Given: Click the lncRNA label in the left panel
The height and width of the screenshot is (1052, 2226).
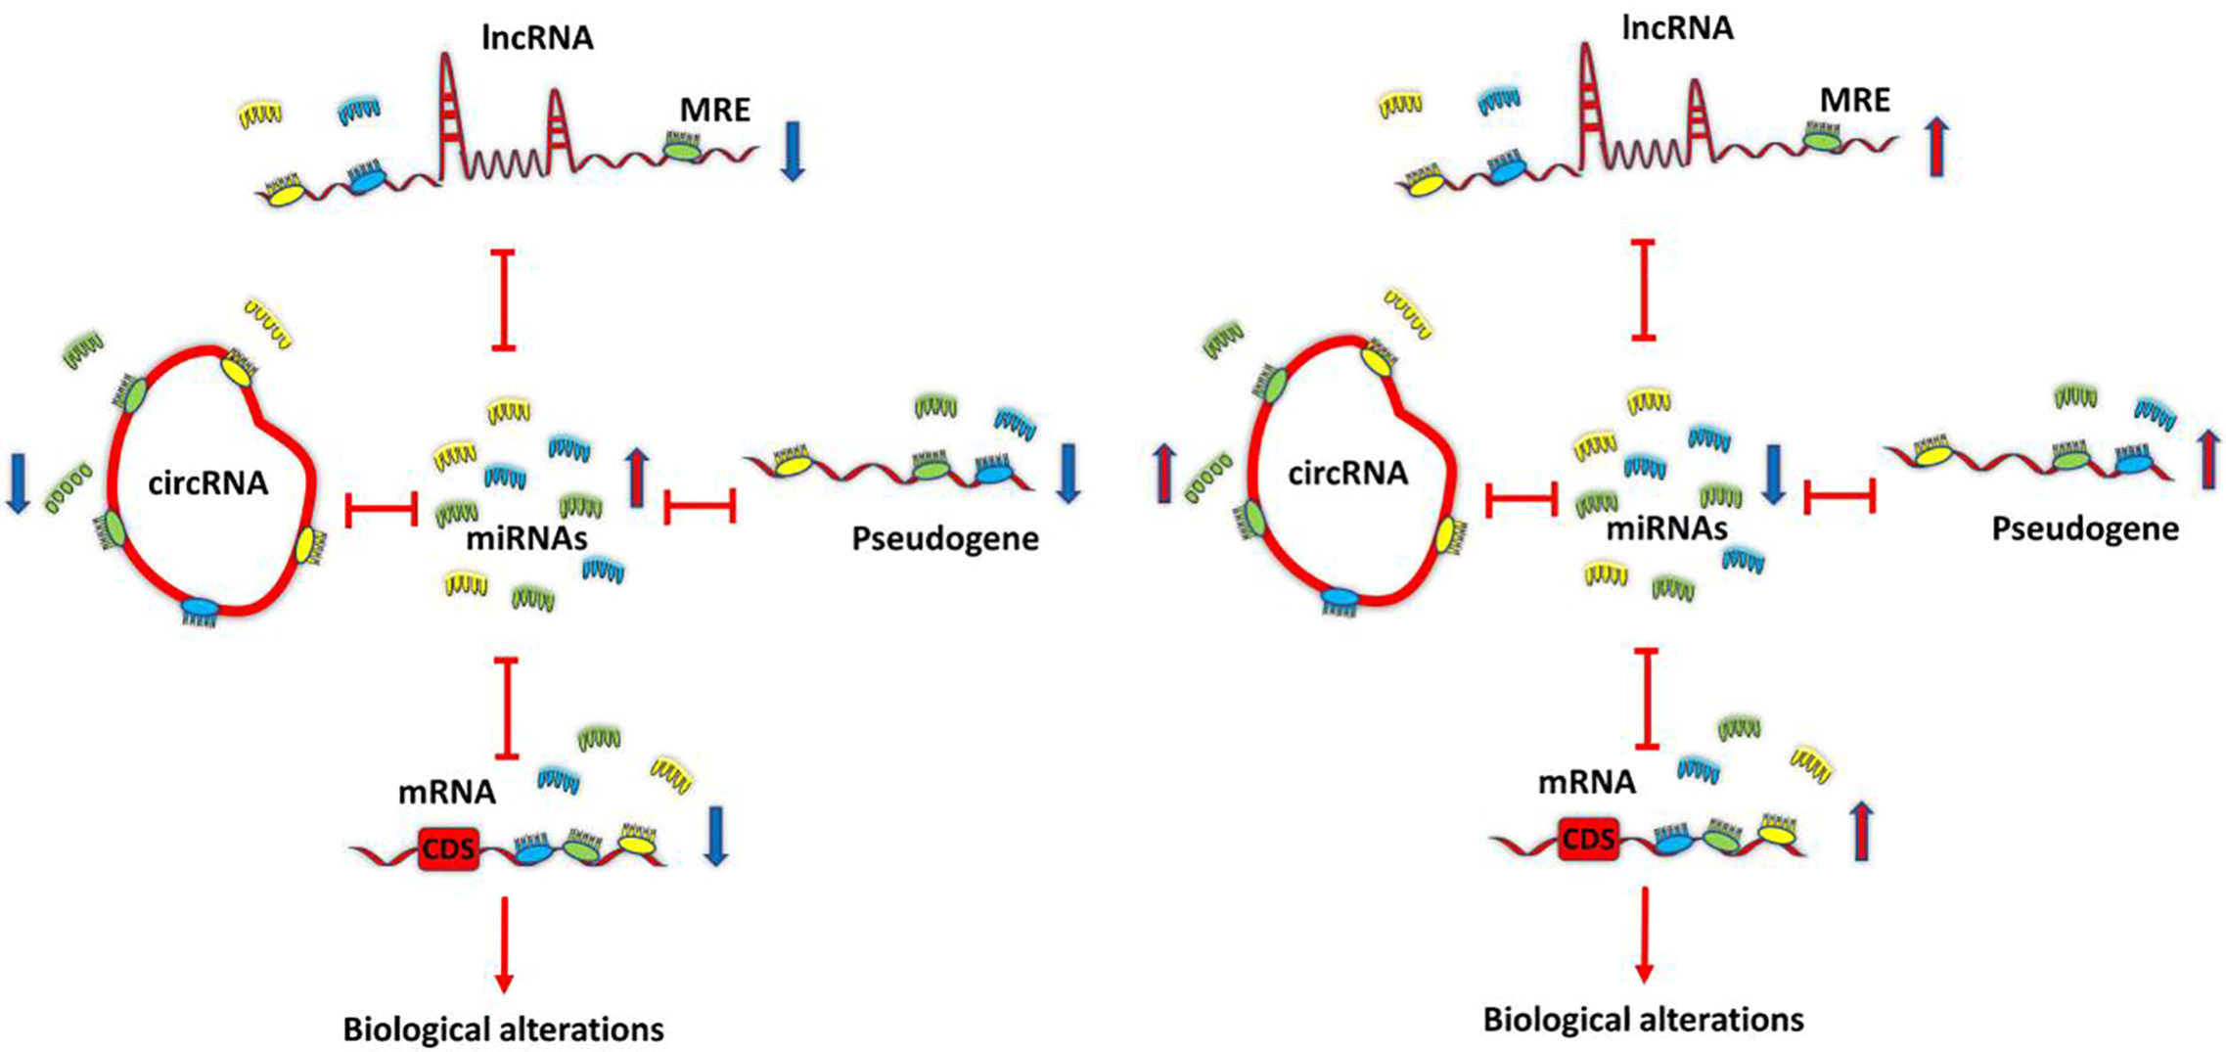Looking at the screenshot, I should tap(537, 38).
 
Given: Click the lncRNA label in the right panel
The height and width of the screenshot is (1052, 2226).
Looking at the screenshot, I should tap(1677, 28).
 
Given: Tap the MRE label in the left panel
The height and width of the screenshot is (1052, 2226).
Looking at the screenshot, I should tap(715, 110).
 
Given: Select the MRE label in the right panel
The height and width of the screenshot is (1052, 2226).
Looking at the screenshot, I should tap(1855, 100).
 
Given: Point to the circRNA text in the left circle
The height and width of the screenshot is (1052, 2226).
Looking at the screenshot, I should tap(208, 482).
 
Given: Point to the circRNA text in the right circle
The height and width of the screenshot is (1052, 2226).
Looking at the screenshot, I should tap(1347, 474).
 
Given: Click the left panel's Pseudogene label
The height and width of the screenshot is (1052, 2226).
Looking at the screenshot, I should tap(945, 538).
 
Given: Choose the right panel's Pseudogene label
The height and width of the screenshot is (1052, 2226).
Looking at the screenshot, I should tap(2085, 529).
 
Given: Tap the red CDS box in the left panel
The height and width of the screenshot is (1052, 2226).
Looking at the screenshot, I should tap(448, 848).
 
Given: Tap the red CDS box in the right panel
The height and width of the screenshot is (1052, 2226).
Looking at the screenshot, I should tap(1588, 839).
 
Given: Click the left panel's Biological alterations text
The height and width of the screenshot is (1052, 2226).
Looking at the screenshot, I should tap(503, 1029).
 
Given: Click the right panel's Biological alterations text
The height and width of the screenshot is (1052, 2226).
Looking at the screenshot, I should tap(1644, 1020).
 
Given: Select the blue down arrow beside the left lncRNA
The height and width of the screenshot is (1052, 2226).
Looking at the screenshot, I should tap(793, 151).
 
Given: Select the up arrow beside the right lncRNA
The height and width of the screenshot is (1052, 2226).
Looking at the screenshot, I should tap(1937, 147).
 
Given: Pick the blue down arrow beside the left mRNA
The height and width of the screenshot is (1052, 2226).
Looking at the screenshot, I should tap(716, 836).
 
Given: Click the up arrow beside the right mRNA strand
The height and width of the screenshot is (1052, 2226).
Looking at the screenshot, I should tap(1862, 831).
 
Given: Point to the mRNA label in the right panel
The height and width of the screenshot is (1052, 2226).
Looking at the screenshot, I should tap(1587, 782).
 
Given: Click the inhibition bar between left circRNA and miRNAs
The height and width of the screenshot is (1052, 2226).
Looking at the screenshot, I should tap(382, 509).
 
